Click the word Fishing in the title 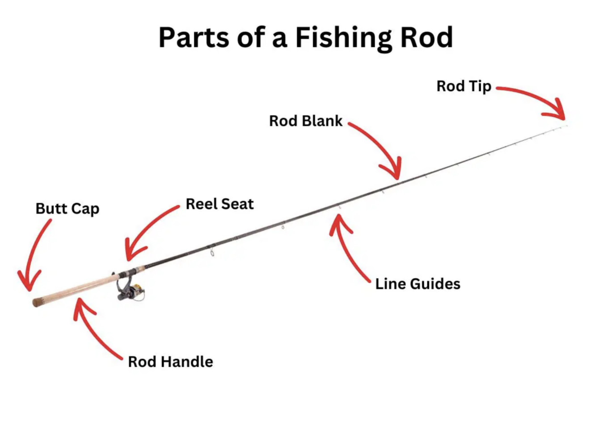343,38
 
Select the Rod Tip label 464,86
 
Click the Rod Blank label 305,121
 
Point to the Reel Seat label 219,204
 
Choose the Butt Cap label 67,209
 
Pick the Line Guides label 417,284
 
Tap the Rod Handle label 170,362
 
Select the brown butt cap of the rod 38,302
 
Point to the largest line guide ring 212,253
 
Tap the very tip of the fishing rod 566,126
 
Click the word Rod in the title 426,38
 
